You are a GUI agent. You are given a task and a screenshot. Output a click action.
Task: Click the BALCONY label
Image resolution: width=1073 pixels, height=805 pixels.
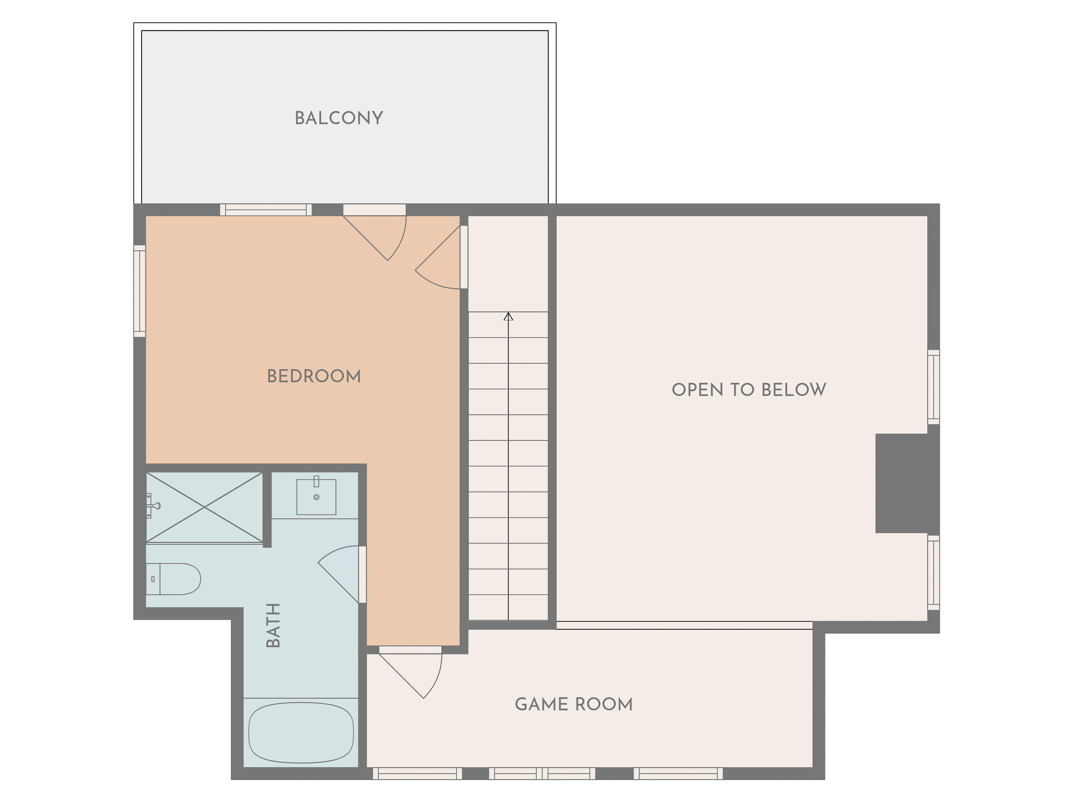(339, 118)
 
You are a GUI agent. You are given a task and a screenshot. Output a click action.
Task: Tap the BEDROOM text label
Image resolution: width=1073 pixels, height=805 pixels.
(314, 376)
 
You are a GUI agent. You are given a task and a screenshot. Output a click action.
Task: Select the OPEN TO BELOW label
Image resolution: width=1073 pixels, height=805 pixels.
(748, 390)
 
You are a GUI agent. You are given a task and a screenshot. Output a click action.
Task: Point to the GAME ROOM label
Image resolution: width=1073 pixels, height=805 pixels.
(574, 704)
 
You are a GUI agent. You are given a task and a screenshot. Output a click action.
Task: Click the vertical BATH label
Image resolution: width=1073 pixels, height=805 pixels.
(274, 625)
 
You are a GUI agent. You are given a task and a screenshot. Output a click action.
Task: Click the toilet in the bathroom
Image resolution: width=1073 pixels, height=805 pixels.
(173, 579)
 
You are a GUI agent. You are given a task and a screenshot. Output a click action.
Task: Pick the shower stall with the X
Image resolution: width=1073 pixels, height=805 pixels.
(204, 507)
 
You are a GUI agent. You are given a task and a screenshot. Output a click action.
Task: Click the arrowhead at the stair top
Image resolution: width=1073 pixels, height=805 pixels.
(509, 316)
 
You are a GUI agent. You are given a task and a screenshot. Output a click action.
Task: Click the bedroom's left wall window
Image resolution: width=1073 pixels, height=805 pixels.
(140, 291)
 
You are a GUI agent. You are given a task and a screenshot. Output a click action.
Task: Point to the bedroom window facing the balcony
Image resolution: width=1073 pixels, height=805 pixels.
(266, 210)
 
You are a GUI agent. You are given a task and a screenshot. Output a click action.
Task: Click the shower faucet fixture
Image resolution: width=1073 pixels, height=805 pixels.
(153, 506)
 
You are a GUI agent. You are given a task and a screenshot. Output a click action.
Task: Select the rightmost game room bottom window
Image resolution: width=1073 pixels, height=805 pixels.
(678, 774)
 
